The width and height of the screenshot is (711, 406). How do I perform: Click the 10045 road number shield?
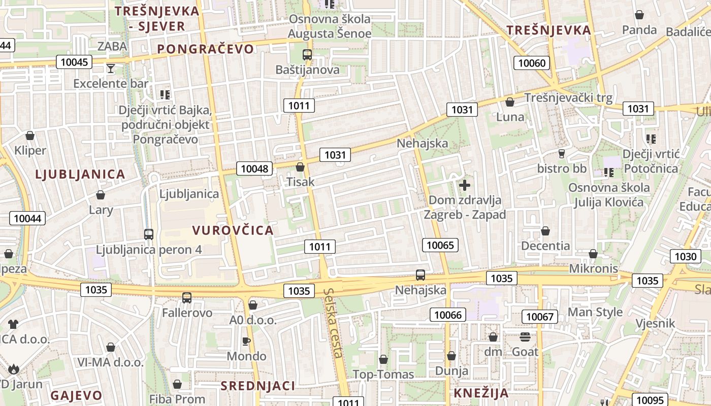(74, 62)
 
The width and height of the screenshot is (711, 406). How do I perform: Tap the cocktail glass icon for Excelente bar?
(111, 69)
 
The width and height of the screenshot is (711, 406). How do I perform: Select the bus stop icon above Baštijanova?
(307, 55)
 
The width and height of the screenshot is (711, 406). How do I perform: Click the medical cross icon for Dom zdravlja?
(464, 185)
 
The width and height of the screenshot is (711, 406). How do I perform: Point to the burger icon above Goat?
(525, 336)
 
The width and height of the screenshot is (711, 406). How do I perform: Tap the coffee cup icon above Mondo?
(246, 341)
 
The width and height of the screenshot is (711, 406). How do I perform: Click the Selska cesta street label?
(333, 323)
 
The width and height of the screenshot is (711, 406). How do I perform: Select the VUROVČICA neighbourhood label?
(233, 230)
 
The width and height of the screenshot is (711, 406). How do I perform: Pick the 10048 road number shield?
(254, 168)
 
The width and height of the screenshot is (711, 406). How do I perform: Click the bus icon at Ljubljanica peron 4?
(149, 234)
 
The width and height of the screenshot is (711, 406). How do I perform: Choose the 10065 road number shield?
(440, 246)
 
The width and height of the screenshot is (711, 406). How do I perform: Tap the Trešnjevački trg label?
(568, 97)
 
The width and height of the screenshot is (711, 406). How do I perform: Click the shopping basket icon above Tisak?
(300, 167)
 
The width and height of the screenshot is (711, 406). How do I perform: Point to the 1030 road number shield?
(685, 256)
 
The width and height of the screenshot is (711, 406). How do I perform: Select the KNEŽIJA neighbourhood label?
(481, 393)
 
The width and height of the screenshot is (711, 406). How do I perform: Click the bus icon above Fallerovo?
(187, 298)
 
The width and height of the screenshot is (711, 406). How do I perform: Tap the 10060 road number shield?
(532, 63)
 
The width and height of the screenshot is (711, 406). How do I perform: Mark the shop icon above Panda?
(639, 15)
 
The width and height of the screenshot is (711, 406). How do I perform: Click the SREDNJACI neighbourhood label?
(257, 386)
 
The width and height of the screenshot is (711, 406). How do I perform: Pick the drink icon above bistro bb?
(562, 154)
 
